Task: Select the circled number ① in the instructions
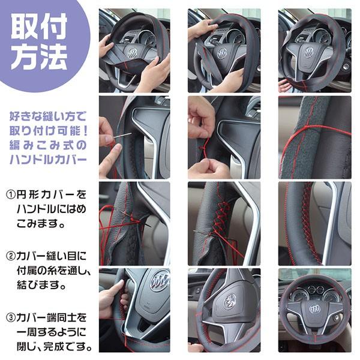click(x=11, y=196)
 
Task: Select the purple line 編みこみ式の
click(x=49, y=146)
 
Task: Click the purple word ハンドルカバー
click(x=49, y=160)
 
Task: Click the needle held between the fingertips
click(x=123, y=136)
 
